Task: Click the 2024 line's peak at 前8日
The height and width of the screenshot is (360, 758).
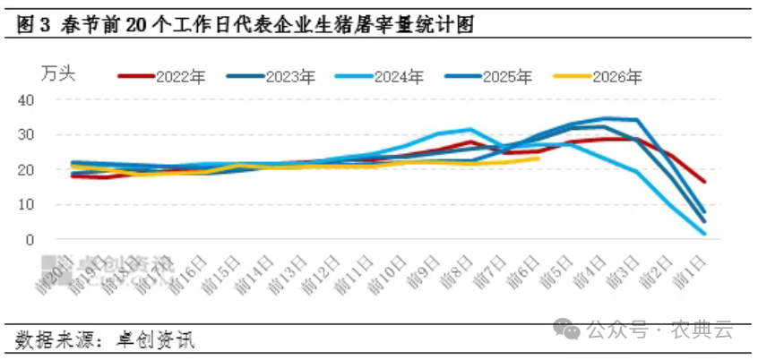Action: [470, 129]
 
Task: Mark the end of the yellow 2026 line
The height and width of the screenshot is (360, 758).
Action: [538, 159]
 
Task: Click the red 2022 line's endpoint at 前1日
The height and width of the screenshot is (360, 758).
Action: [704, 182]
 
